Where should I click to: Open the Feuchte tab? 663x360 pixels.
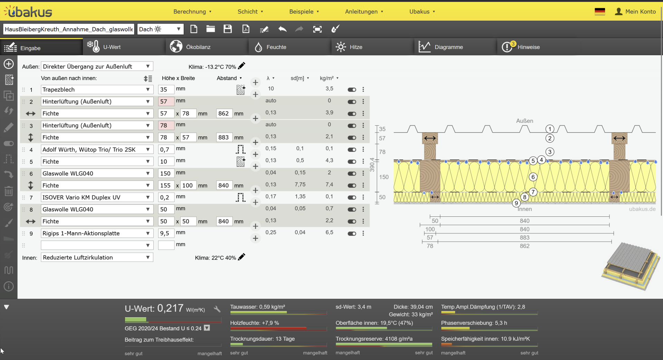click(276, 47)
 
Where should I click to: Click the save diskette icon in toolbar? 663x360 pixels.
click(228, 29)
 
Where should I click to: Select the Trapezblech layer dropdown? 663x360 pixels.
click(97, 90)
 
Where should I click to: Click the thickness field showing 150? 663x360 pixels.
click(166, 173)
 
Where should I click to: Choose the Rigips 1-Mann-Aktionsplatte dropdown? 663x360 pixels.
click(97, 233)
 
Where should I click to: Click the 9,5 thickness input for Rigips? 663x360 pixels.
click(166, 233)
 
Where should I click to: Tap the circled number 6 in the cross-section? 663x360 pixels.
click(533, 177)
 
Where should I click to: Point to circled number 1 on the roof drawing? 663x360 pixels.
click(550, 129)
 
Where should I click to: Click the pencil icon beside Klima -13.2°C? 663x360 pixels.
click(242, 66)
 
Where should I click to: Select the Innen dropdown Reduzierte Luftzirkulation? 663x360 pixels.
click(97, 257)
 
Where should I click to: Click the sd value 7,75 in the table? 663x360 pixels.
click(300, 185)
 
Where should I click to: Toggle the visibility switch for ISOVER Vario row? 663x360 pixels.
click(352, 197)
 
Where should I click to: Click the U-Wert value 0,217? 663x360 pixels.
click(170, 308)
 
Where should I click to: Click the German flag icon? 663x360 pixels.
click(600, 11)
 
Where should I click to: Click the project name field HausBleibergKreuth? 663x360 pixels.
click(68, 29)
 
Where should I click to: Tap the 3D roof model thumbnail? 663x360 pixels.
click(630, 266)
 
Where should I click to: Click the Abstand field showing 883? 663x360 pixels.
click(223, 137)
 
